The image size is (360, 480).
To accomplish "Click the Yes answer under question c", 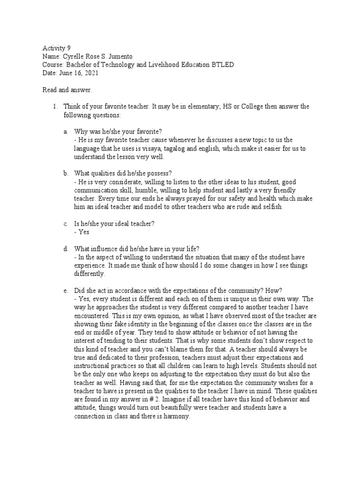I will (x=83, y=231).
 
